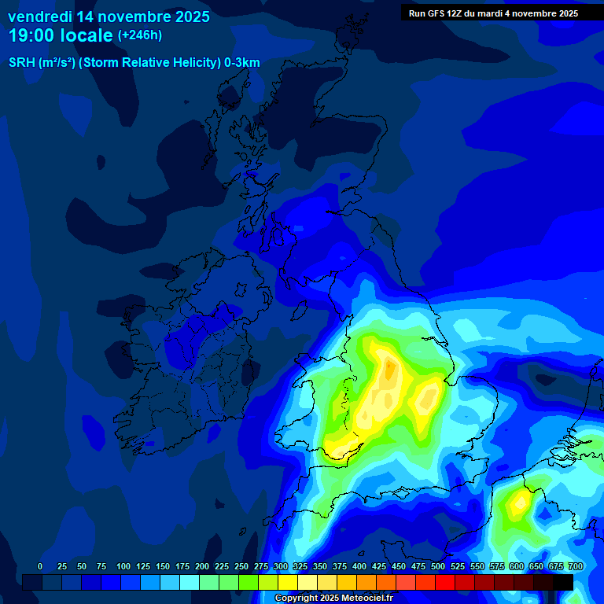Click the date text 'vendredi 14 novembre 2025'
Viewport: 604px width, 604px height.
point(109,17)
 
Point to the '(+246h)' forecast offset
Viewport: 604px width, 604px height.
point(140,35)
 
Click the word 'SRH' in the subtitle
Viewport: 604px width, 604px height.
point(23,63)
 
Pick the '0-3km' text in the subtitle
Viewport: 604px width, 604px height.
point(242,63)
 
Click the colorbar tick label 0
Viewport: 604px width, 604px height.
point(40,566)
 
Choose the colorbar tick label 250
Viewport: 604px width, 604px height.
point(241,566)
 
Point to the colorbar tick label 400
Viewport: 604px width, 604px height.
point(359,566)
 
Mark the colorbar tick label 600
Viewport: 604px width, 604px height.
point(517,566)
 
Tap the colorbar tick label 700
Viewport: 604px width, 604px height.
point(576,566)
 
